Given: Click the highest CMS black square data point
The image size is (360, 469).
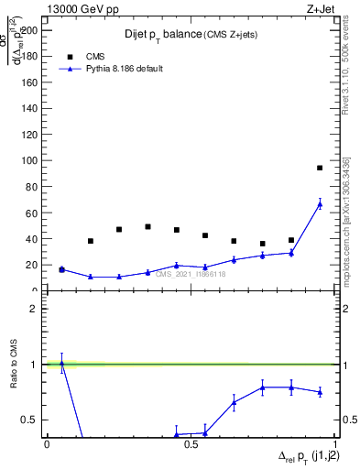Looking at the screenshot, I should (320, 168).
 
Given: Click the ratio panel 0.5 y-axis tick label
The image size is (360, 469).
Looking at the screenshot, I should (30, 420).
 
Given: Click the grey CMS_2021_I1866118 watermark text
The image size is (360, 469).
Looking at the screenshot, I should (191, 273).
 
